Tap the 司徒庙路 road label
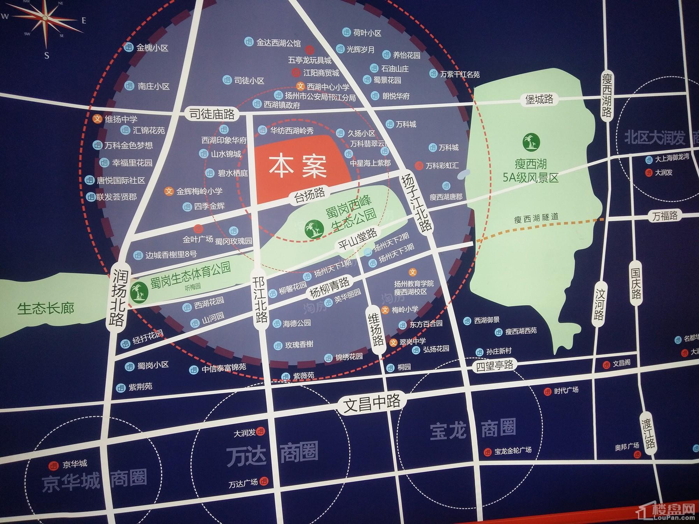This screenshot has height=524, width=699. point(212,114)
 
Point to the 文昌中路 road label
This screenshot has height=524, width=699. point(372,402)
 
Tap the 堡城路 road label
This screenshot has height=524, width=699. point(539,99)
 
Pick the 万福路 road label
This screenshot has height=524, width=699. point(665,216)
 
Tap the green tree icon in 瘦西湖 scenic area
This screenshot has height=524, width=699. point(531,141)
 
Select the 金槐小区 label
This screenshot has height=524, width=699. point(152,48)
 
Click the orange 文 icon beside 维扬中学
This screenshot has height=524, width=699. point(97,119)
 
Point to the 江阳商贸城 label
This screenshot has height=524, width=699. point(321,73)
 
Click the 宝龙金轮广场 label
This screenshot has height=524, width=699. point(513,451)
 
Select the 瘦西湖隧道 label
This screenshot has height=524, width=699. point(536,219)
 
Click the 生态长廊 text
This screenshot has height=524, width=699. point(46,308)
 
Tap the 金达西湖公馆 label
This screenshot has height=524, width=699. point(278,43)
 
